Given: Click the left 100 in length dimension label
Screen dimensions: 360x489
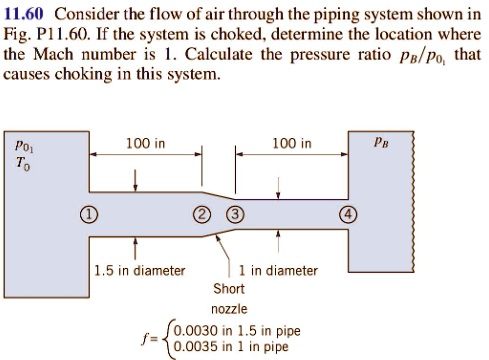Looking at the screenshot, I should pos(145,144).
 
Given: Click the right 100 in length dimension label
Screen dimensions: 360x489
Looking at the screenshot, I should pos(291,144).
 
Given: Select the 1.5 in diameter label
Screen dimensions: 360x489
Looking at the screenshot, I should pos(139,270).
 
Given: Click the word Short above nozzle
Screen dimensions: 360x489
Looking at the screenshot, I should pos(228,289).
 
